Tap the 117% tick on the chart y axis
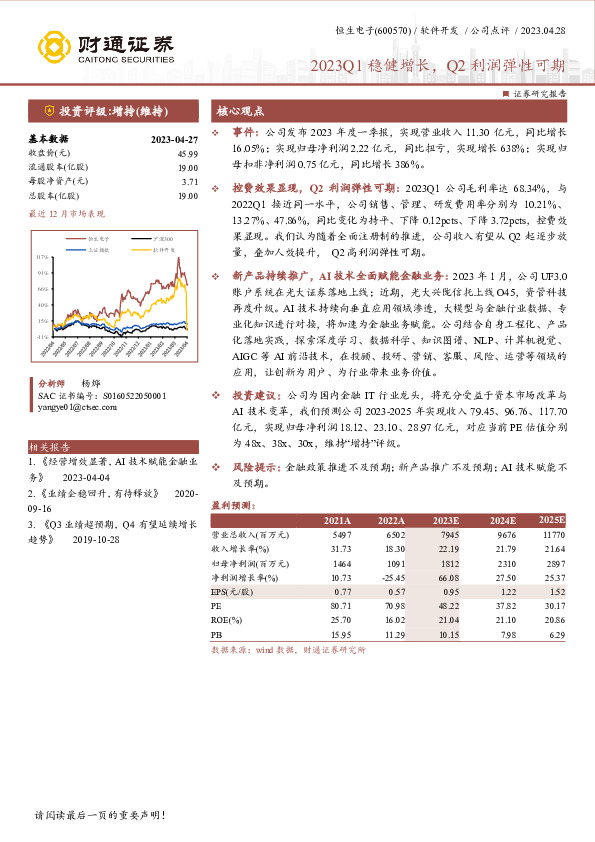41,256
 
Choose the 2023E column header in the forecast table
446,521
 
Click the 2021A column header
337,521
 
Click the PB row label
216,633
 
